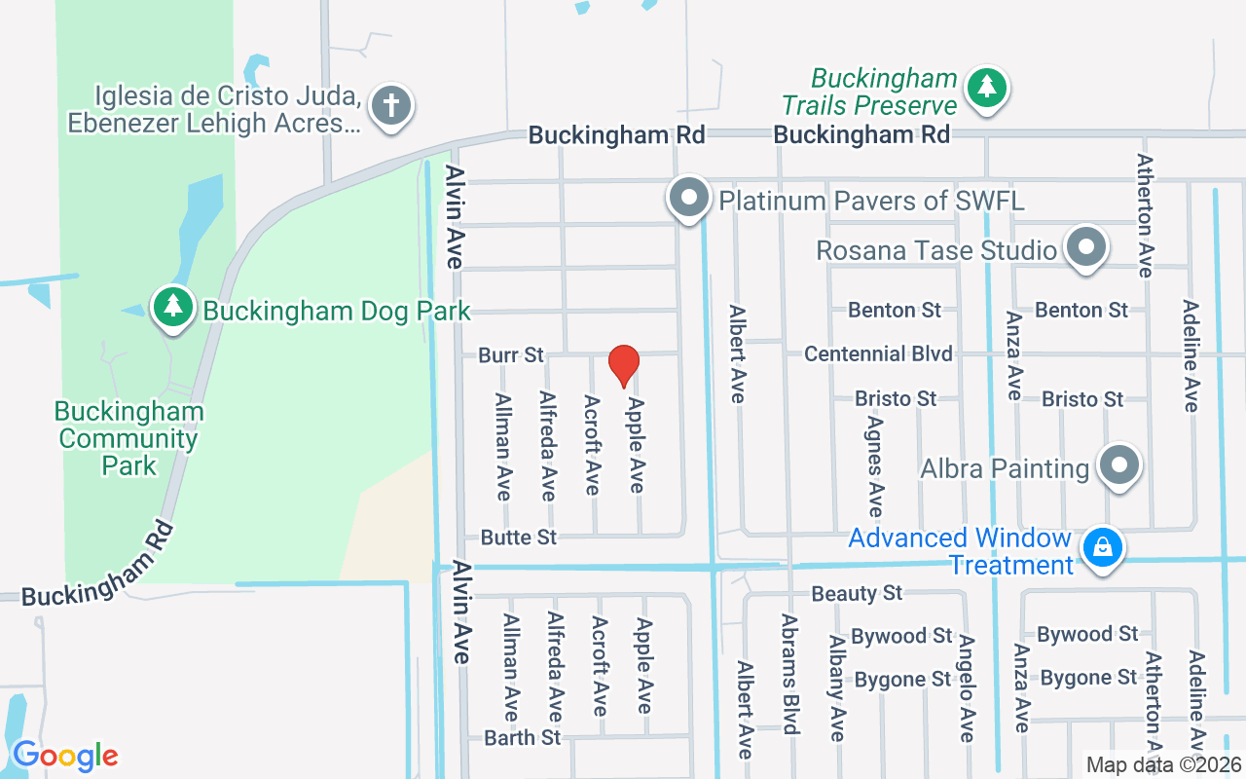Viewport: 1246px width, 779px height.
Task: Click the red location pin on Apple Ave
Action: pos(623,365)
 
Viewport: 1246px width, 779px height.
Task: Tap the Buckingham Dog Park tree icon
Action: pos(173,306)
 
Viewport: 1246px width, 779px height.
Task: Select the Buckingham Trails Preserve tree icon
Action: pos(987,88)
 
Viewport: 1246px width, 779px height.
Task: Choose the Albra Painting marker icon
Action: pos(1119,465)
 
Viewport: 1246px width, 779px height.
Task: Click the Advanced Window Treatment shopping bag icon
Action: pos(1103,547)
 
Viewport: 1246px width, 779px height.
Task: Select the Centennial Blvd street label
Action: pos(878,353)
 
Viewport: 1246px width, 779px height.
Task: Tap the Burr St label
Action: pos(511,355)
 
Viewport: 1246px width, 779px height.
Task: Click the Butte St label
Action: pos(519,538)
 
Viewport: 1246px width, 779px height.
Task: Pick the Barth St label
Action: pos(523,738)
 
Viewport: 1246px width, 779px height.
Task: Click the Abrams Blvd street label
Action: pos(790,674)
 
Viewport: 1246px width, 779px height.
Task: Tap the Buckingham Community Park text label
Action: pos(128,438)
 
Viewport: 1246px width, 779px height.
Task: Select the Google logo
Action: pos(65,755)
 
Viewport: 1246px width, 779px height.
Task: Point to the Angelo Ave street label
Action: pos(966,687)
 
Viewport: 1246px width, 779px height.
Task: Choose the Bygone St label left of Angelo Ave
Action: pos(901,679)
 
